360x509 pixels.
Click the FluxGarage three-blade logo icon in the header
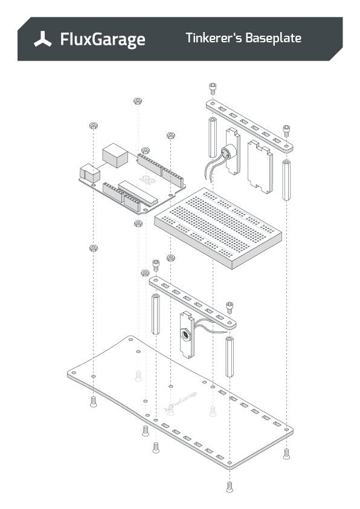tap(43, 39)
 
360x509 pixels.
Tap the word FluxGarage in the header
tap(102, 40)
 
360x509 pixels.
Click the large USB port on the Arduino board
tap(115, 155)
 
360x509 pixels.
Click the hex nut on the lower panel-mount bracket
tap(185, 333)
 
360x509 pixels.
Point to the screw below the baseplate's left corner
tap(93, 401)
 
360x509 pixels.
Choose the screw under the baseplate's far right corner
tap(286, 452)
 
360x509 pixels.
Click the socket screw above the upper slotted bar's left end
tap(213, 88)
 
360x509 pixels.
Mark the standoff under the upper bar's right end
tap(286, 180)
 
